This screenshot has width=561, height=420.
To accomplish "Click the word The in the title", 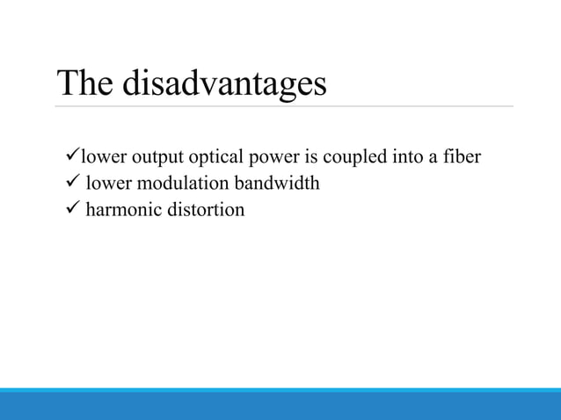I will click(x=85, y=83).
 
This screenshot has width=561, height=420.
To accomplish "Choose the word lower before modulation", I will click(x=107, y=185).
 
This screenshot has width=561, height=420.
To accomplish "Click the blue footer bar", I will click(x=280, y=405).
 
